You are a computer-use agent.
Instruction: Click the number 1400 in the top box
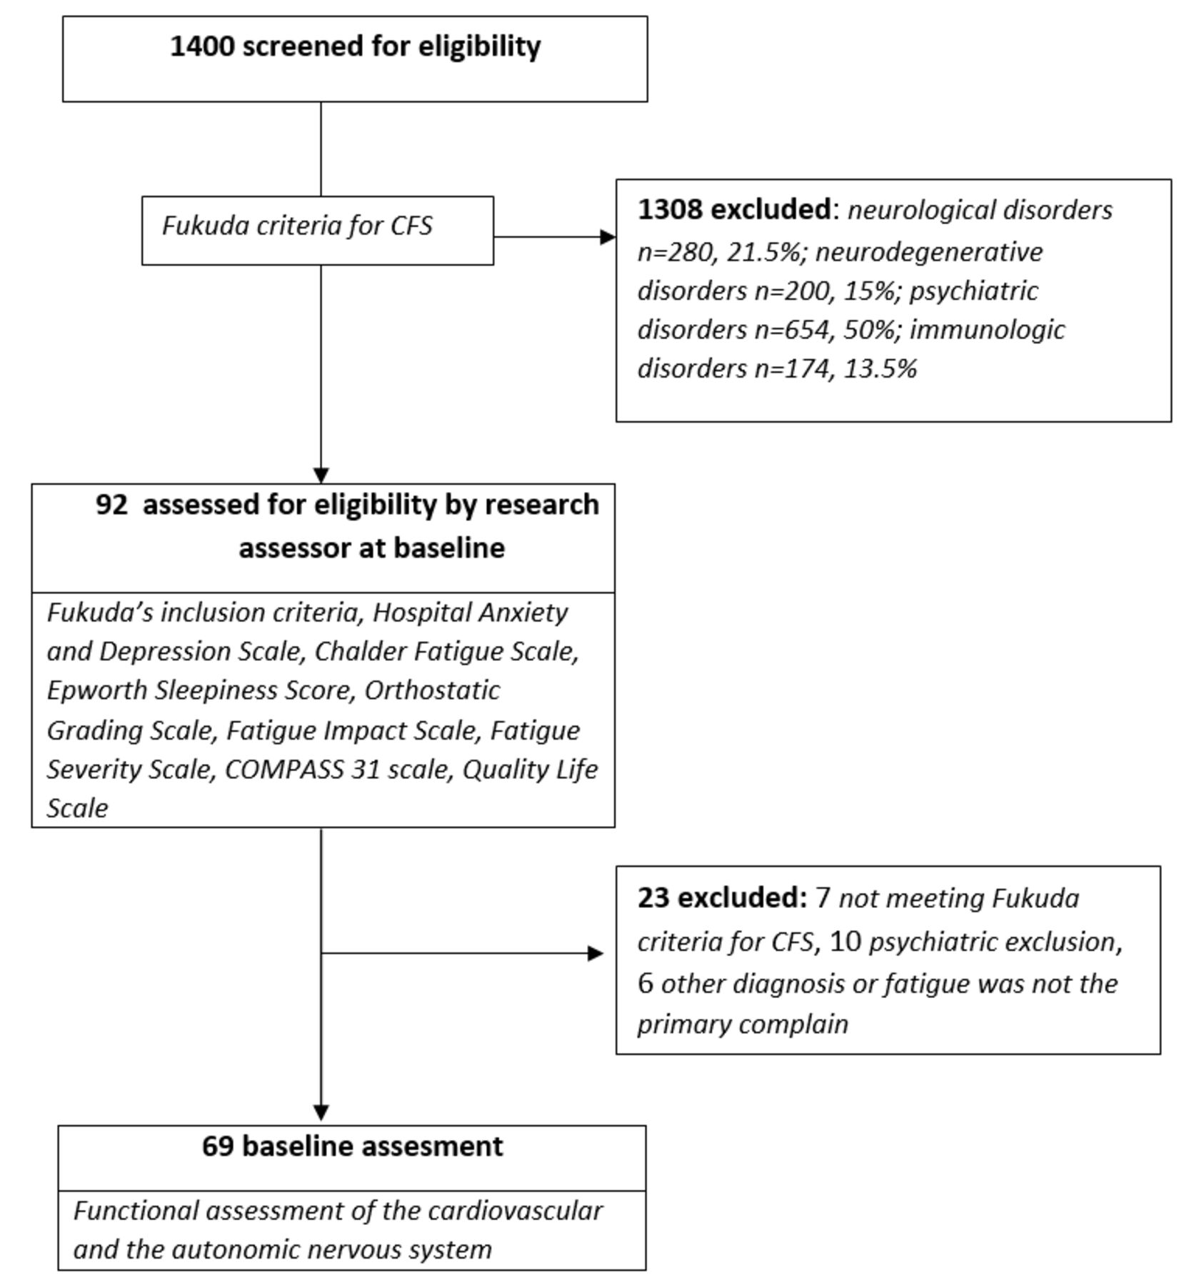point(202,46)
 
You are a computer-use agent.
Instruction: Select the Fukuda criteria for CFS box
point(318,231)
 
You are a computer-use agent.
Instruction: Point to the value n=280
point(675,252)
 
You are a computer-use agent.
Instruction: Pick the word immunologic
point(988,330)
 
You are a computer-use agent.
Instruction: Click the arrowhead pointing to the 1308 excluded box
point(608,237)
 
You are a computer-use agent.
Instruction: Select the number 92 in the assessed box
point(112,505)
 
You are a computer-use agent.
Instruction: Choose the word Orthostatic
point(432,690)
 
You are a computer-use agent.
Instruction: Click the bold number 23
point(653,897)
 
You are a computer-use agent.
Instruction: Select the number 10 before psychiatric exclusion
point(846,942)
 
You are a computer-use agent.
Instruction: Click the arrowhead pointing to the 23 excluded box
point(596,953)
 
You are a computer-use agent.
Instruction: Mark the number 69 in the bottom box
point(218,1147)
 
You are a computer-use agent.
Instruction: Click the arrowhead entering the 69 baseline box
point(321,1112)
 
